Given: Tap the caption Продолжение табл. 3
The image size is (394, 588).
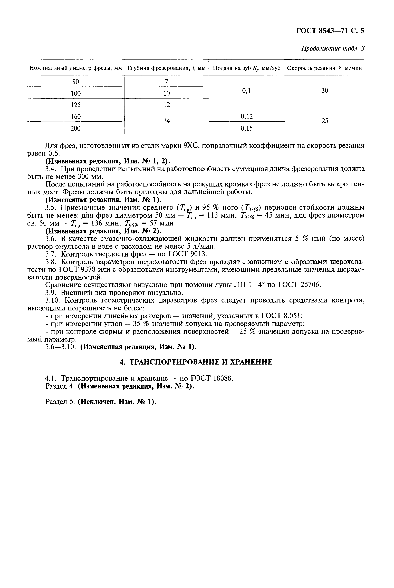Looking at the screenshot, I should click(x=333, y=48).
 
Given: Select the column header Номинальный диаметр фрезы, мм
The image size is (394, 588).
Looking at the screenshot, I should click(x=76, y=68).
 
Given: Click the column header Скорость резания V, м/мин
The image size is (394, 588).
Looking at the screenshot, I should click(x=324, y=68).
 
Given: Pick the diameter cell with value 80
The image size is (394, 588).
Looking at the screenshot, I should click(x=76, y=82).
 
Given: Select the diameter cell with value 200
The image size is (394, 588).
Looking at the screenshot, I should click(x=76, y=128).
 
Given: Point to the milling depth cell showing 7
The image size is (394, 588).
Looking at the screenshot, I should click(x=167, y=82).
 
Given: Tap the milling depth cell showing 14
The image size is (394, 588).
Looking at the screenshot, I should click(x=167, y=121).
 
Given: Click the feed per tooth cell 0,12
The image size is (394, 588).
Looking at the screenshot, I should click(x=246, y=116).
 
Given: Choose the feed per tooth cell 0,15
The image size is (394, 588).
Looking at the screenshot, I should click(x=246, y=128).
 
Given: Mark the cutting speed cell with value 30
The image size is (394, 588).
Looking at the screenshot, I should click(x=325, y=90).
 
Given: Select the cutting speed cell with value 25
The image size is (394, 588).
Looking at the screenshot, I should click(x=325, y=121).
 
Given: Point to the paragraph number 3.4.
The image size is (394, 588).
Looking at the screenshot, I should click(x=52, y=169).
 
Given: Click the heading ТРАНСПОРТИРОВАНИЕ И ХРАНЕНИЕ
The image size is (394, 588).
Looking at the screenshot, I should click(x=200, y=362).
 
